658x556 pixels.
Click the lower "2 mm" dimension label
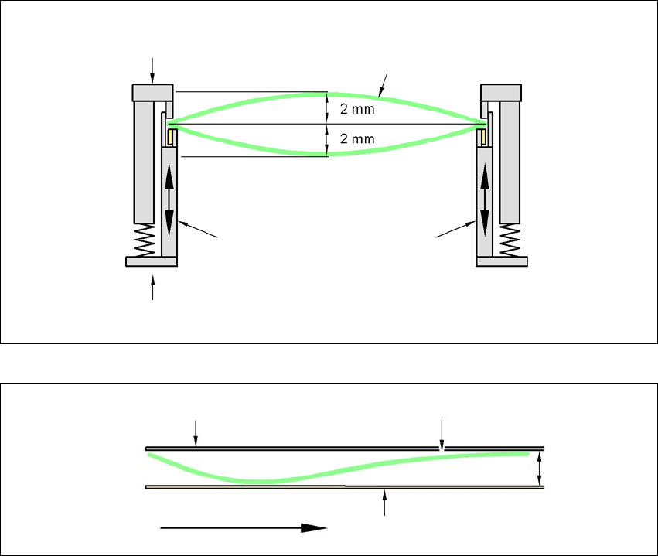(356, 139)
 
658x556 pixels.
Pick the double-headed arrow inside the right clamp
(485, 201)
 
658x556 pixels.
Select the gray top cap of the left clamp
(153, 93)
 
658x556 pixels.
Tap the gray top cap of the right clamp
(501, 93)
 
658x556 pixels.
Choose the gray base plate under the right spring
(502, 261)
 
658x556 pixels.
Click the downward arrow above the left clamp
(152, 70)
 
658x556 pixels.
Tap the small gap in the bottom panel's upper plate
(442, 448)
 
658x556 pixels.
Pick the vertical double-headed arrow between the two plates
(540, 468)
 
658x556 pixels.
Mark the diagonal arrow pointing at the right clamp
(455, 230)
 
